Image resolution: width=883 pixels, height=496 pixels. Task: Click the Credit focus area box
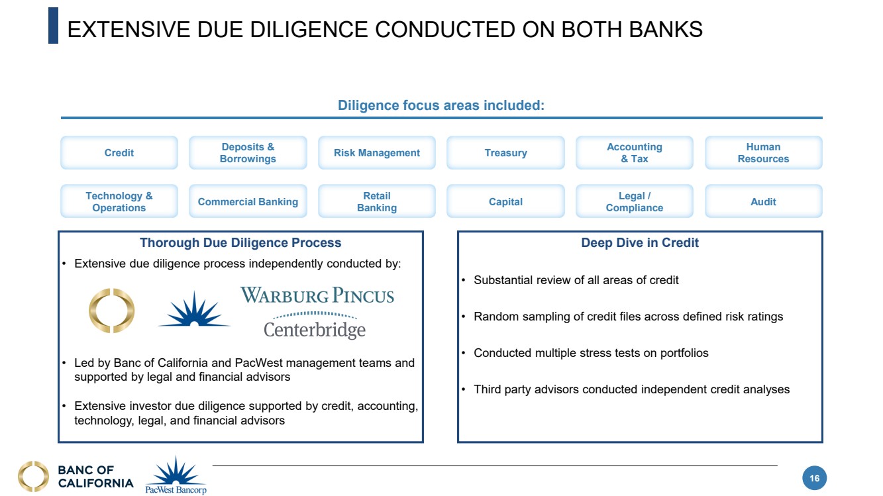(119, 153)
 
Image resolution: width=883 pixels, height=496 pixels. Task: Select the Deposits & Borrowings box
(248, 153)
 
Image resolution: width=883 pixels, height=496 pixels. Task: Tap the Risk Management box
(377, 153)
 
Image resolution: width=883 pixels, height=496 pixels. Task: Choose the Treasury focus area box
(505, 153)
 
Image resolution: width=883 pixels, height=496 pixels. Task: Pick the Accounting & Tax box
(634, 153)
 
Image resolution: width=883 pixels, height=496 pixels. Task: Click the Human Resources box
(763, 153)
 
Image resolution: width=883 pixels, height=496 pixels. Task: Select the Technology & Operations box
(119, 202)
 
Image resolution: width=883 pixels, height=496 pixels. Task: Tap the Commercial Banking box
(248, 202)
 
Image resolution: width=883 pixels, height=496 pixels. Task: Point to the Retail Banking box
(377, 202)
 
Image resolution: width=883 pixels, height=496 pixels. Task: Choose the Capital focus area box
(505, 202)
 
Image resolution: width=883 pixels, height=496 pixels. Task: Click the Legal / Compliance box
(634, 202)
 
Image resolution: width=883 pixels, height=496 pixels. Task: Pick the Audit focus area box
(763, 202)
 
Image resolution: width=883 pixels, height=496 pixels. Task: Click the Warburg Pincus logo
(317, 295)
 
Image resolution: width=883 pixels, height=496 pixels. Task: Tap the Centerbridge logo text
(315, 329)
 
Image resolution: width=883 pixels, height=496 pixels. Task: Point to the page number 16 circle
(815, 479)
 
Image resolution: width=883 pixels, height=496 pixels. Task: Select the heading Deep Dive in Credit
(639, 243)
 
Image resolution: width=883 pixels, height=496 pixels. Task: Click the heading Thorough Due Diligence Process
(240, 243)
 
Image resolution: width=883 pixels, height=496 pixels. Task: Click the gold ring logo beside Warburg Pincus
(112, 311)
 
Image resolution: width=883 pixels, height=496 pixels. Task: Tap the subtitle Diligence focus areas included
(441, 105)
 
